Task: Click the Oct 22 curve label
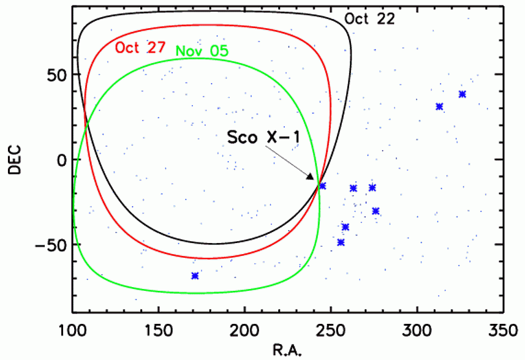point(369,18)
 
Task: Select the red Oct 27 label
point(140,48)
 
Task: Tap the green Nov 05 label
point(202,51)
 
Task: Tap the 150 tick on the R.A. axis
point(159,330)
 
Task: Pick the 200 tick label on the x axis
point(245,330)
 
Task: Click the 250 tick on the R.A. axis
point(331,330)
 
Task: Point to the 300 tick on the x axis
point(417,330)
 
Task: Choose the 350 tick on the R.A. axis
point(502,330)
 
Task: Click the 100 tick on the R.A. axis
point(73,330)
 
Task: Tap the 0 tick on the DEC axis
point(61,159)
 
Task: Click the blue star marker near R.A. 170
point(195,276)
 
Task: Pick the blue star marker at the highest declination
point(462,94)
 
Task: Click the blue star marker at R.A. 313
point(439,107)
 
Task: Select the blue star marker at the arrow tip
point(323,186)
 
